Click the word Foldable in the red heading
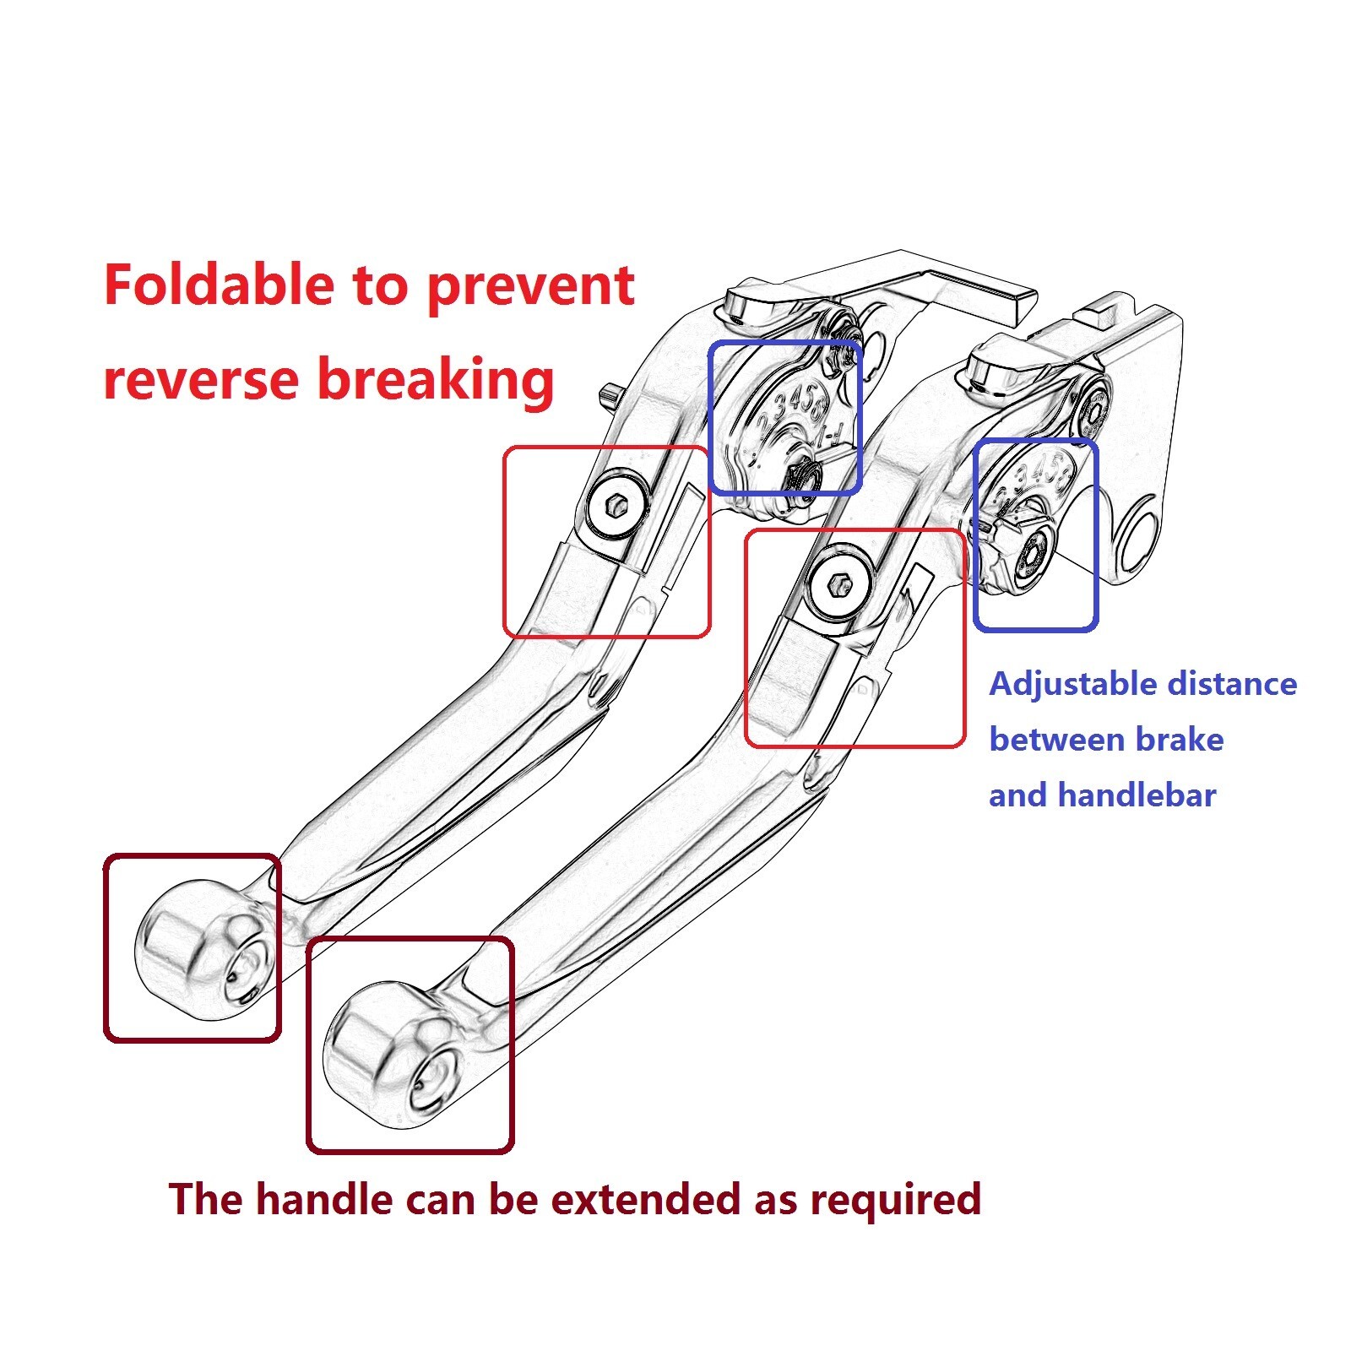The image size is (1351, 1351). (219, 285)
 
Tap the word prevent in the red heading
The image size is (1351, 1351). (530, 287)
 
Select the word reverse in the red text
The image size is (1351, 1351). (201, 379)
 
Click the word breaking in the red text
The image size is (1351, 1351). (436, 379)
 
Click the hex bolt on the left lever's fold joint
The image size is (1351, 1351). (616, 504)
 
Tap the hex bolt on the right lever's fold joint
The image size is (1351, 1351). (838, 583)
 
